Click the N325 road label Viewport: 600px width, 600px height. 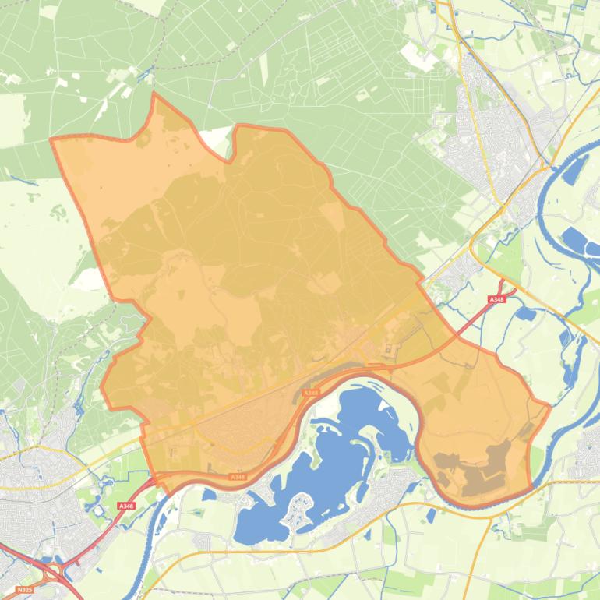[x=24, y=590]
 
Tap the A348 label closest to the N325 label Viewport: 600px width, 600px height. [x=126, y=506]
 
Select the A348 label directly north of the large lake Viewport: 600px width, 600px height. [x=310, y=393]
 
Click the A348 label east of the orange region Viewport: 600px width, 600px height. [x=496, y=300]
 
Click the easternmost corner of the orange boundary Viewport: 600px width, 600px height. [x=549, y=405]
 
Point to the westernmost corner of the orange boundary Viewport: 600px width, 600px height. [x=51, y=139]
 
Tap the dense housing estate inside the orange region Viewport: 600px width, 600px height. [x=234, y=436]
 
